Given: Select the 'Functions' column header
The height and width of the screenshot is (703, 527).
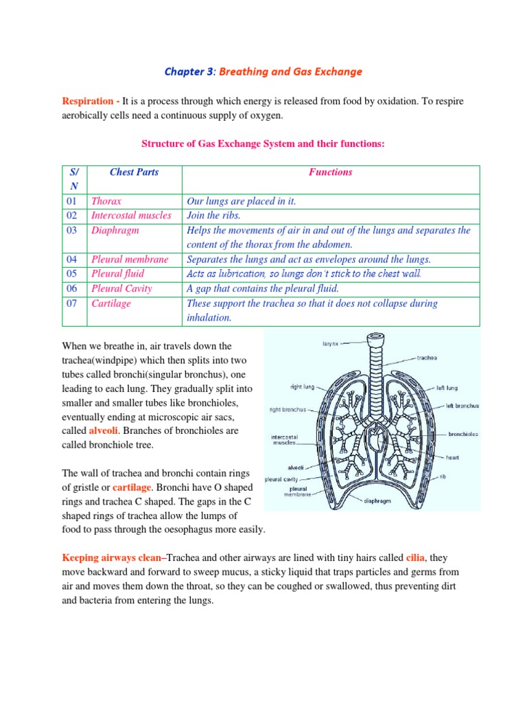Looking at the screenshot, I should point(330,172).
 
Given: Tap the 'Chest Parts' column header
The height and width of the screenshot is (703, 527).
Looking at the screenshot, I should point(134,172).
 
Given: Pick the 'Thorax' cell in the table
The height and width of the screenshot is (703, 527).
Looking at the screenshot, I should point(106,201).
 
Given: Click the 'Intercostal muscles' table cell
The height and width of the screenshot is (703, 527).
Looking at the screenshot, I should point(131,216).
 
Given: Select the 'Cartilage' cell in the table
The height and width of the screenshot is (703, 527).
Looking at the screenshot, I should point(110,303).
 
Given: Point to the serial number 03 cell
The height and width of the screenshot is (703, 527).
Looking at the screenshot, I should point(73,231).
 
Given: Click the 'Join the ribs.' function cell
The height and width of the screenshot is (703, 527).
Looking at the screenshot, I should point(214,216).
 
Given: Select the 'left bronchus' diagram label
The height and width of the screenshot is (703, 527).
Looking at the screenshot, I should point(462,406).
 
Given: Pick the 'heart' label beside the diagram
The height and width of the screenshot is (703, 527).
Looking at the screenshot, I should point(452,457).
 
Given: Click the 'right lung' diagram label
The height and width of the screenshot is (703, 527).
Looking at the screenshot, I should point(301,387).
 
